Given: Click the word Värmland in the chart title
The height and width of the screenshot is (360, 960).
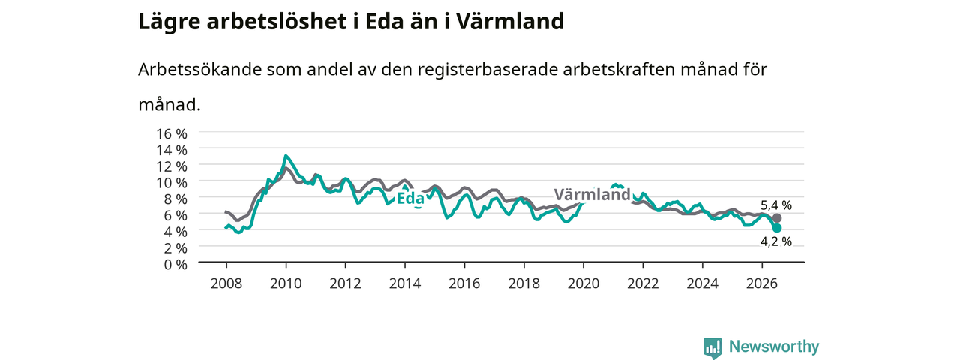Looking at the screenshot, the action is [509, 22].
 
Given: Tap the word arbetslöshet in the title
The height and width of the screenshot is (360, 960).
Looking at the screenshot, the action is [277, 22].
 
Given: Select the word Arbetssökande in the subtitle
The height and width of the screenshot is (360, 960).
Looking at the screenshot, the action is [199, 70].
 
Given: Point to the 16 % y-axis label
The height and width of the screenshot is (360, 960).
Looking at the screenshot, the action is [172, 133].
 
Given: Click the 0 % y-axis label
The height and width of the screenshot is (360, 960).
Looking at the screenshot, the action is [175, 265].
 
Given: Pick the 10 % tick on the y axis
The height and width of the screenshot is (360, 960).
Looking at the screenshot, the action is [172, 183].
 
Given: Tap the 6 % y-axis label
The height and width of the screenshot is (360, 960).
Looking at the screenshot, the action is [175, 215].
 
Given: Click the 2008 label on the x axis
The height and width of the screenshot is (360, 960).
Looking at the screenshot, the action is [226, 283].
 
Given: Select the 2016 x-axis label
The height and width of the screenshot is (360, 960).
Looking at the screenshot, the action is [464, 283].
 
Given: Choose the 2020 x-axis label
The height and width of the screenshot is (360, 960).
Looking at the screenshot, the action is [583, 283].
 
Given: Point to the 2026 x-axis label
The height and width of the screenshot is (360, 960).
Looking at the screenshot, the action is [762, 283].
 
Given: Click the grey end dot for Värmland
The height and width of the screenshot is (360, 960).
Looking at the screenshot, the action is [776, 218].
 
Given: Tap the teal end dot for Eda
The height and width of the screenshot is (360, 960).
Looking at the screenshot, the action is [776, 228].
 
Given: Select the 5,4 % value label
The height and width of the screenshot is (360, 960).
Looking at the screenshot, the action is [776, 205].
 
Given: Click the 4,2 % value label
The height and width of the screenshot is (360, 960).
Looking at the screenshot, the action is [776, 241].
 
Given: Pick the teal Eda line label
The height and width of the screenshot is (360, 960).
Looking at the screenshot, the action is [410, 199].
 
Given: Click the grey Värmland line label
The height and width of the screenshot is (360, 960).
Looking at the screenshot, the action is [592, 194].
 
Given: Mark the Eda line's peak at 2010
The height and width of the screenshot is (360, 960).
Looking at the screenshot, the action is [286, 156].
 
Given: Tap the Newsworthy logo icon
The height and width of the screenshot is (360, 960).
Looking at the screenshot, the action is [712, 347].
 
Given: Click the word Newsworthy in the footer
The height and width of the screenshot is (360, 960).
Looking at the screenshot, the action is [774, 346].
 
